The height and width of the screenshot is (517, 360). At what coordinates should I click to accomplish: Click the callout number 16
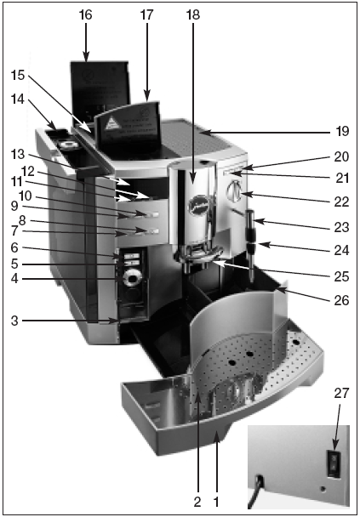click(x=85, y=14)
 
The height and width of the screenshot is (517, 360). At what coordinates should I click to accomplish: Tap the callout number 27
click(x=341, y=393)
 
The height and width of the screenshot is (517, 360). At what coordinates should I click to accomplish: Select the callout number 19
click(x=342, y=132)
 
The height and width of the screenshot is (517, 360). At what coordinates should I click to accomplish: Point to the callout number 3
click(x=14, y=321)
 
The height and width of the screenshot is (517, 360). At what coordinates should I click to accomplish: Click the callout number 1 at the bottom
click(x=216, y=503)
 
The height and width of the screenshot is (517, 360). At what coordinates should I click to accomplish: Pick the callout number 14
click(x=18, y=99)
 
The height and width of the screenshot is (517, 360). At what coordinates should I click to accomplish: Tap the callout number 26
click(x=342, y=300)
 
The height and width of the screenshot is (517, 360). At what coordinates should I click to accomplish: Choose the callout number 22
click(x=342, y=202)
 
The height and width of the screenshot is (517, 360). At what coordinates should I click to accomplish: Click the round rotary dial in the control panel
click(x=132, y=279)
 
